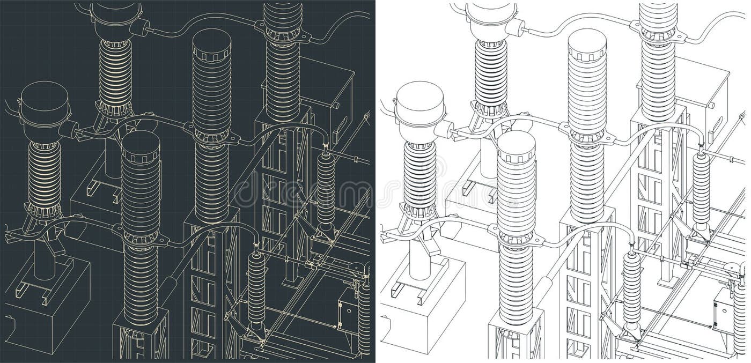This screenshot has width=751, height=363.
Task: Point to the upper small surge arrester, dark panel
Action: [x=325, y=188]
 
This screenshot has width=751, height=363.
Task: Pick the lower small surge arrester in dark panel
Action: [x=256, y=290]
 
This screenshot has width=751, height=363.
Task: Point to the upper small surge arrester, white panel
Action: [x=701, y=188]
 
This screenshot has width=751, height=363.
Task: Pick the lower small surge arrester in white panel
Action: [x=631, y=290]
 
